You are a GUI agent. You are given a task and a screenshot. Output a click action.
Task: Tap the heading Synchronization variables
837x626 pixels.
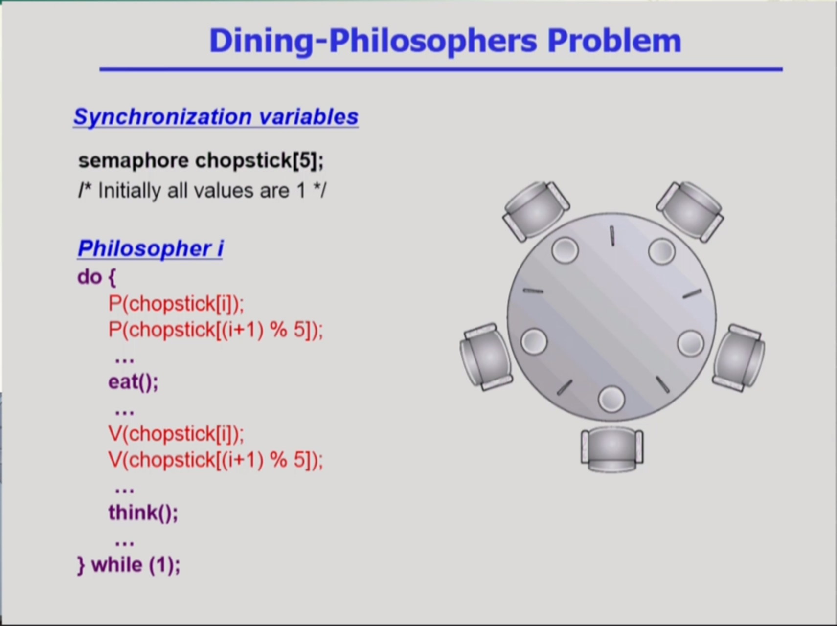coord(216,117)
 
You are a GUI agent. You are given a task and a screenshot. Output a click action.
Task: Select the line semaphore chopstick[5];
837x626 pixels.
coord(201,161)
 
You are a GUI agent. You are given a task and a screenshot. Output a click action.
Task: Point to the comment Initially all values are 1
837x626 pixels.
coord(202,190)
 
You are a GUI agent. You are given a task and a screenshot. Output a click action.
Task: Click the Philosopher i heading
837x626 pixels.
coord(150,248)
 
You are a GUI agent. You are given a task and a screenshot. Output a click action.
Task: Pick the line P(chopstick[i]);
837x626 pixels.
coord(176,304)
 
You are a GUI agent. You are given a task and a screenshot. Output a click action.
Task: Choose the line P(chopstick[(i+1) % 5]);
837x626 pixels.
coord(216,330)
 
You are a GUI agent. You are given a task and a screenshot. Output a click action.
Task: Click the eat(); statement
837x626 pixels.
coord(134,381)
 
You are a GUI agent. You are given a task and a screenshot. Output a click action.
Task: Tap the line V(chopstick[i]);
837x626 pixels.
coord(176,434)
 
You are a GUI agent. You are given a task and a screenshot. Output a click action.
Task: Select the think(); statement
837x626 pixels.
coord(143,512)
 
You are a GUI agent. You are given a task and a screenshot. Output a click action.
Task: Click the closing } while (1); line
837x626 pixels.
coord(129,565)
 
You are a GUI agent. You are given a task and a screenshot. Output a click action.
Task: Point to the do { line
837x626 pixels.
coord(97,277)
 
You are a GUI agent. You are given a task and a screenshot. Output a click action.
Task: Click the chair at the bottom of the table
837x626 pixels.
coord(612,450)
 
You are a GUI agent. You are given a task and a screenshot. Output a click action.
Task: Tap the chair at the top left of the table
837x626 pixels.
coord(535,211)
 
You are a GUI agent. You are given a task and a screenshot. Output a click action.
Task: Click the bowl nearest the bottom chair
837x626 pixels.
coord(611,399)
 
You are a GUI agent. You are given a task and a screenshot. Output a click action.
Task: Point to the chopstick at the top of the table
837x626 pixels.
coord(612,236)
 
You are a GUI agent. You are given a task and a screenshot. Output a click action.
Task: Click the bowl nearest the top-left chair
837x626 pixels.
coord(565,250)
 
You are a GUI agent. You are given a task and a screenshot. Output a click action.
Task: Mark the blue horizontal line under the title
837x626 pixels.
coord(441,69)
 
